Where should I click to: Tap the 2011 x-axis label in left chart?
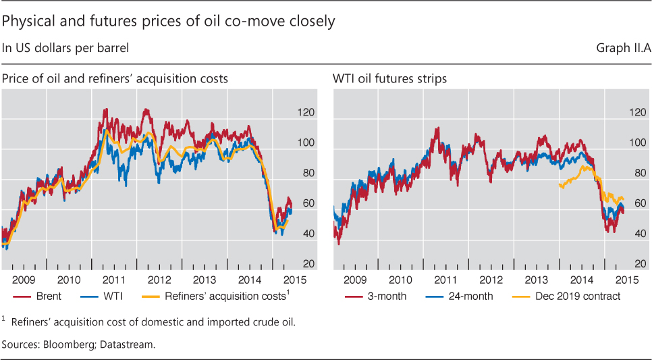click(x=113, y=279)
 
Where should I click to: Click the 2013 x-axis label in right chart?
click(x=536, y=279)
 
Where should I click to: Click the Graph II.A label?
click(x=621, y=48)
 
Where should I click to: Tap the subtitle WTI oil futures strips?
click(x=389, y=79)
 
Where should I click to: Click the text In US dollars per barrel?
click(x=65, y=48)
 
